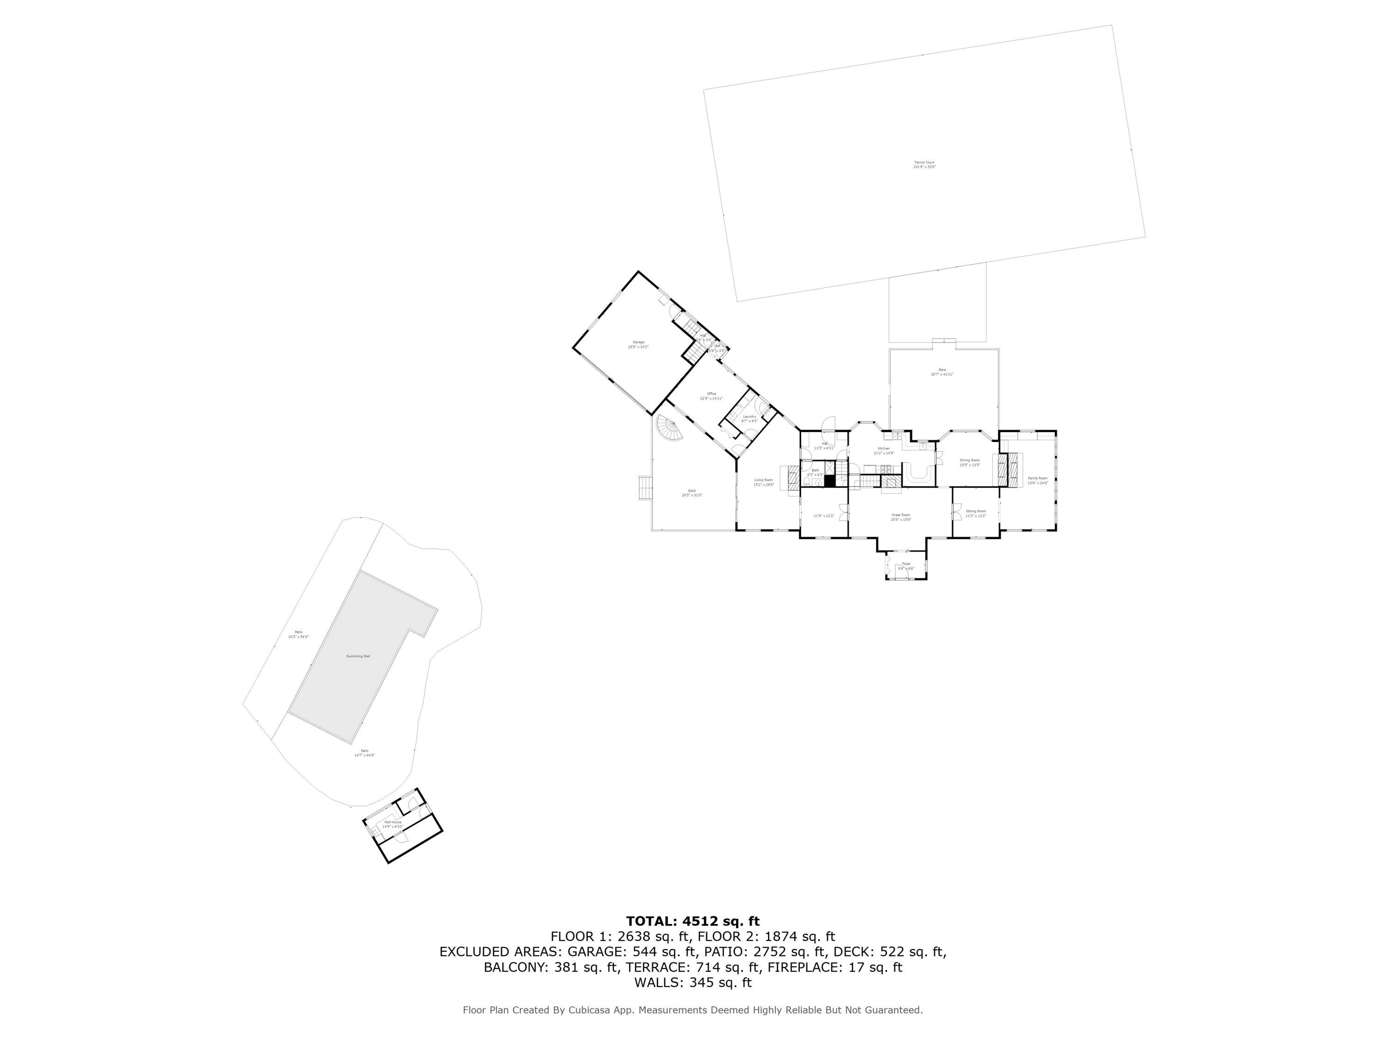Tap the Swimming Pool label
click(x=358, y=656)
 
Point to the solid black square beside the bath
click(x=830, y=481)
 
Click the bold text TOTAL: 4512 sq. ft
click(x=693, y=921)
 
